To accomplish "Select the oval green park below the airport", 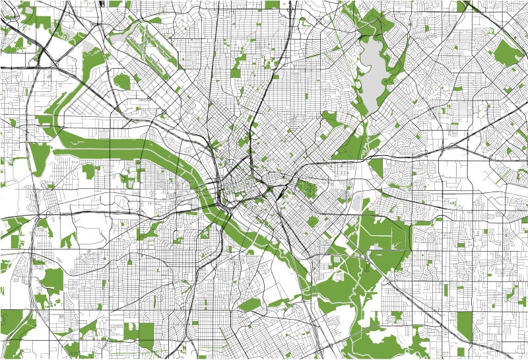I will coord(122,81).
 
